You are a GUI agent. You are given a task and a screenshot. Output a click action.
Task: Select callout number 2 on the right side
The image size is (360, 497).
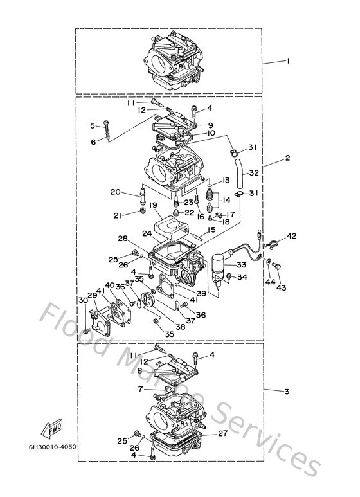click(x=287, y=157)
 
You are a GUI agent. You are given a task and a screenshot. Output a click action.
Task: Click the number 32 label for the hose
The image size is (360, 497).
click(x=253, y=172)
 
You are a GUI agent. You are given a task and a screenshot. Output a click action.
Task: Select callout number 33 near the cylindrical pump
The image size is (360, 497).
click(x=241, y=265)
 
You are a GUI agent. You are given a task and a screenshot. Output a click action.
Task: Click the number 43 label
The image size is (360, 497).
click(x=280, y=287)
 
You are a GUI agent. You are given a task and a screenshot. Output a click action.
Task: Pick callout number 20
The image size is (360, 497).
click(x=115, y=192)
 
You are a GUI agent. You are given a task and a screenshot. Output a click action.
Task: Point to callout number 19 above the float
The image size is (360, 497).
click(x=154, y=205)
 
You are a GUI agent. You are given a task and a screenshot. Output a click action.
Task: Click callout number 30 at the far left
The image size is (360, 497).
click(x=83, y=300)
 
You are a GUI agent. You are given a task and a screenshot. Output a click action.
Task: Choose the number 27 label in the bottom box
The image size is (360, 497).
click(x=222, y=434)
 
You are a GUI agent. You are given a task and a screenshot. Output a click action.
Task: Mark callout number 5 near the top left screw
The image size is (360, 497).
click(x=93, y=125)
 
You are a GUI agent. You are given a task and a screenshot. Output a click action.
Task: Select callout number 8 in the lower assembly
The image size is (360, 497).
click(x=139, y=370)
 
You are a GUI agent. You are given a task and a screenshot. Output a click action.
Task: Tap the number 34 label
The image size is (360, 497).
click(x=242, y=278)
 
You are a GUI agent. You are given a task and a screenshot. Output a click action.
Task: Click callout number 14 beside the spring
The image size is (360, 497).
click(x=226, y=199)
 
